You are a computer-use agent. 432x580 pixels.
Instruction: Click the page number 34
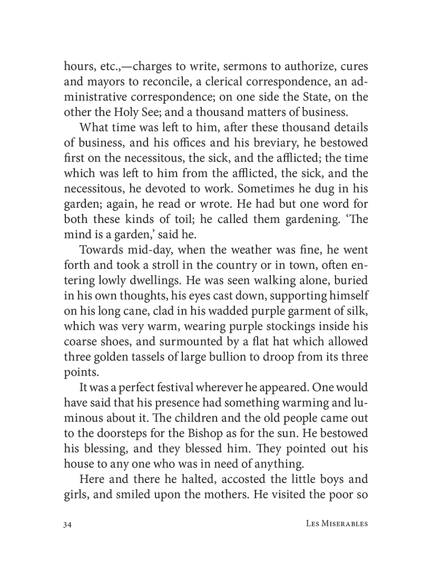pos(67,525)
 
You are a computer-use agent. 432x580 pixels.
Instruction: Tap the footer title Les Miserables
pos(336,525)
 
